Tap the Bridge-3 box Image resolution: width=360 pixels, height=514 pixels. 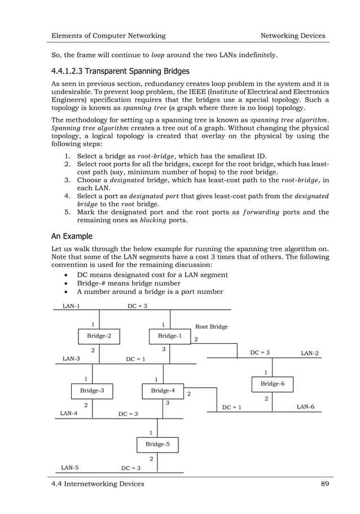tap(91, 390)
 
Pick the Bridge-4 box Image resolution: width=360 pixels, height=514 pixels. tap(163, 390)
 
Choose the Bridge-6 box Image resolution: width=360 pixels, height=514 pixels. tap(272, 384)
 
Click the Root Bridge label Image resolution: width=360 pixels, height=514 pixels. tap(211, 327)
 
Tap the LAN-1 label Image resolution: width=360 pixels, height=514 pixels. tap(71, 306)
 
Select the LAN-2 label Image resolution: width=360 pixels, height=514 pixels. tap(309, 353)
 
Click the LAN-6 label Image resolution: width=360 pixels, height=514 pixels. tap(305, 407)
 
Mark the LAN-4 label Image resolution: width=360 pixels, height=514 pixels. tap(69, 414)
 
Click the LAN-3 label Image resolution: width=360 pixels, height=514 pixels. tap(71, 359)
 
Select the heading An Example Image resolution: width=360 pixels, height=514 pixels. tap(73, 236)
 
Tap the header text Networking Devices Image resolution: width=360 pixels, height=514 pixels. tap(292, 36)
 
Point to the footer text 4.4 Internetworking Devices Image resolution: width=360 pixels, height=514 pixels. tap(98, 484)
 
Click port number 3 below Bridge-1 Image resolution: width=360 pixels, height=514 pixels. tap(163, 350)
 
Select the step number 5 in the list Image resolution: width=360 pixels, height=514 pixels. tap(67, 212)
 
